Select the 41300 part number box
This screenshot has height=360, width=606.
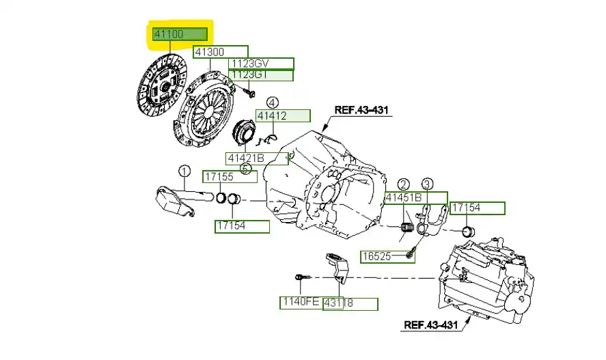(221, 52)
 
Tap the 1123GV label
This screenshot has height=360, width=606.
(262, 64)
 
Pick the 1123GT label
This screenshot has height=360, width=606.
(262, 75)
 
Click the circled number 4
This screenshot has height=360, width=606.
(273, 102)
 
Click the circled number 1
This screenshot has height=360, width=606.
(184, 171)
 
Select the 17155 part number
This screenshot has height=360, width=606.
(230, 177)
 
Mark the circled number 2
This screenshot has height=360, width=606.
(404, 184)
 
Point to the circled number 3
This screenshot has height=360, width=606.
(426, 184)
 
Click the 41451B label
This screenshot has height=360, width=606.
(415, 198)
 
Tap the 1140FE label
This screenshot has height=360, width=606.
(300, 301)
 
